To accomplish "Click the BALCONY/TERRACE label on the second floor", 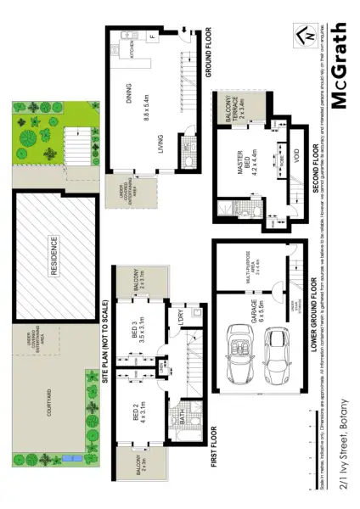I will coord(237,111).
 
